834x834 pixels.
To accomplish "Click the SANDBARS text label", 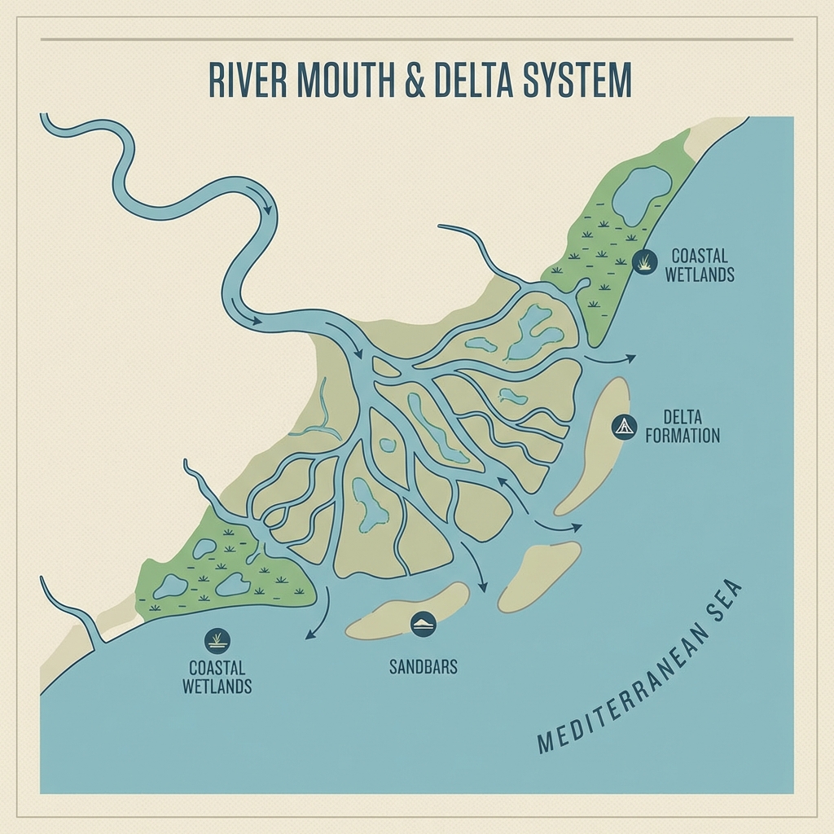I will tap(423, 667).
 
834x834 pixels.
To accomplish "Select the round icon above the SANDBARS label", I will tap(424, 624).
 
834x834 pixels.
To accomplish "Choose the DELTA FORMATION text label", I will tap(683, 427).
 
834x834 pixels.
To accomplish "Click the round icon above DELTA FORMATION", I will tap(624, 426).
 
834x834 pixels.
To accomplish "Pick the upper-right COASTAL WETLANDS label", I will tap(699, 266).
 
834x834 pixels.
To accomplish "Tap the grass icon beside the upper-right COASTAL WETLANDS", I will tap(644, 261).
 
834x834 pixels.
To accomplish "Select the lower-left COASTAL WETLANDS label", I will tap(217, 676).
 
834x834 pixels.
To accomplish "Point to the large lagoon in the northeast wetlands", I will tap(641, 194).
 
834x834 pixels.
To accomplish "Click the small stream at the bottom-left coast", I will tap(69, 611).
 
